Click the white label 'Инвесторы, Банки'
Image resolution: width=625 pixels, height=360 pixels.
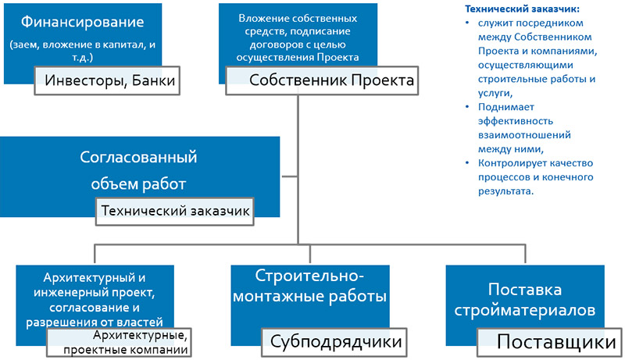pos(107,80)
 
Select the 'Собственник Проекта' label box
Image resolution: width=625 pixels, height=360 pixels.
pos(322,80)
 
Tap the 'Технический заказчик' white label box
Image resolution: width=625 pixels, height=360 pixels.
pos(174,211)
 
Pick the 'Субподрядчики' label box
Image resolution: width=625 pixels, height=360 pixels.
pos(334,342)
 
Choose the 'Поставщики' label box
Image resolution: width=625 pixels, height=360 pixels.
pos(549,342)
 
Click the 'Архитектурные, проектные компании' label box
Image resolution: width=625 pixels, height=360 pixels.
pos(120,342)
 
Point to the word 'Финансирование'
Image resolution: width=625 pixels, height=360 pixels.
pos(83,22)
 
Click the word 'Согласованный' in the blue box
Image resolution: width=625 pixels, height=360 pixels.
pos(138,157)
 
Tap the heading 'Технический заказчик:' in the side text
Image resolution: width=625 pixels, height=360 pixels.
pos(523,9)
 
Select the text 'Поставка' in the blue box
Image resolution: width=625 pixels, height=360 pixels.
pos(524,290)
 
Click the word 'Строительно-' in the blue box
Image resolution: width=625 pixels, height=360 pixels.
pos(309,276)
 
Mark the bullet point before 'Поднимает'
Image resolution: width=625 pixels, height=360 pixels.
pos(467,107)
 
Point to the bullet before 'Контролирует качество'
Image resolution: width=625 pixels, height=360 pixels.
pos(467,163)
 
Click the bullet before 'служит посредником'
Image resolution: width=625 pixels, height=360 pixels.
pos(467,23)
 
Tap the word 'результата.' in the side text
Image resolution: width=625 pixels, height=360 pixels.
pos(505,191)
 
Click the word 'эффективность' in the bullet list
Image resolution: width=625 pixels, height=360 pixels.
pos(516,121)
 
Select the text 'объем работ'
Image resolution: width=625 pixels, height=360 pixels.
pos(138,184)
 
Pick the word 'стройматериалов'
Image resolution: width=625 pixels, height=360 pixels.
pos(524,310)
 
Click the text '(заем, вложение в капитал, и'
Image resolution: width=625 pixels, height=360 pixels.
pos(83,45)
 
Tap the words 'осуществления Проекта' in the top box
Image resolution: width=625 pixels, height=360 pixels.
pos(298,57)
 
